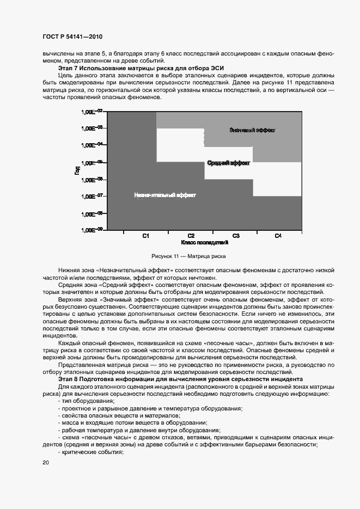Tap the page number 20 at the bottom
[45, 463]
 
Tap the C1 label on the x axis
[146, 236]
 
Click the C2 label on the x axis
[191, 236]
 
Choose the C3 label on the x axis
[236, 236]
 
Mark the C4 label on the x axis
[278, 236]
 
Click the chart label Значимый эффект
[252, 131]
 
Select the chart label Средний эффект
[229, 163]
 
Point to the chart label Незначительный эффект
[165, 195]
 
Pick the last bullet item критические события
[88, 453]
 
